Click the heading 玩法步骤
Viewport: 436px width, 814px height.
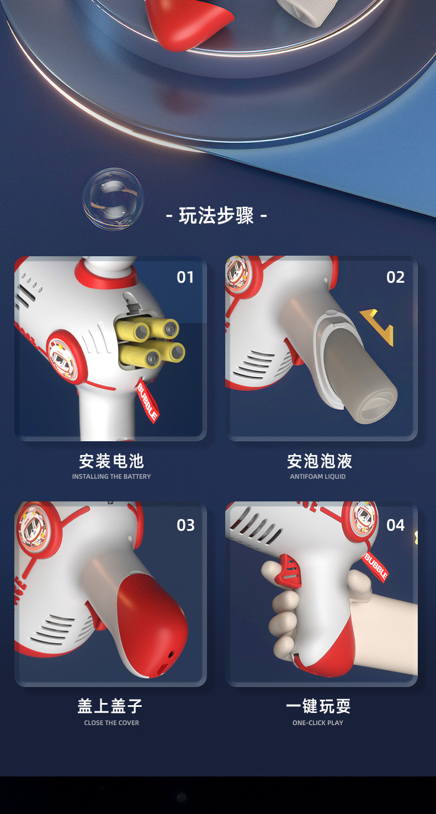point(216,215)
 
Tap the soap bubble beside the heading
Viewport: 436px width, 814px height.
point(113,199)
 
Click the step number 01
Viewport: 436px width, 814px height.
point(185,277)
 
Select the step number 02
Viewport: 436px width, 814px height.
point(395,277)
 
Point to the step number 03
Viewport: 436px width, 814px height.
point(185,525)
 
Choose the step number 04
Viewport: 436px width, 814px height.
point(395,525)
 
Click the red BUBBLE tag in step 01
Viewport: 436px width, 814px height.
point(147,401)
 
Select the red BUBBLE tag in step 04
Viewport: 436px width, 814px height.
point(375,567)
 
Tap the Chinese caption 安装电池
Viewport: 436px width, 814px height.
point(111,461)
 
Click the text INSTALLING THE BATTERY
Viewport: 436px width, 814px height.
point(111,477)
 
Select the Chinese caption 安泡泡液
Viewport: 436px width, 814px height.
point(319,461)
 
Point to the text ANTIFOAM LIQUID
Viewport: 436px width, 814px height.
point(318,477)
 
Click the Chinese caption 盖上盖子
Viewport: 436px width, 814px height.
point(110,706)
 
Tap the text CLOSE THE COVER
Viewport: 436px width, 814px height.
point(111,723)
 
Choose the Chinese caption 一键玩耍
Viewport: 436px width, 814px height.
point(318,706)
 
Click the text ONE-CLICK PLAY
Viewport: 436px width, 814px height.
point(318,723)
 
